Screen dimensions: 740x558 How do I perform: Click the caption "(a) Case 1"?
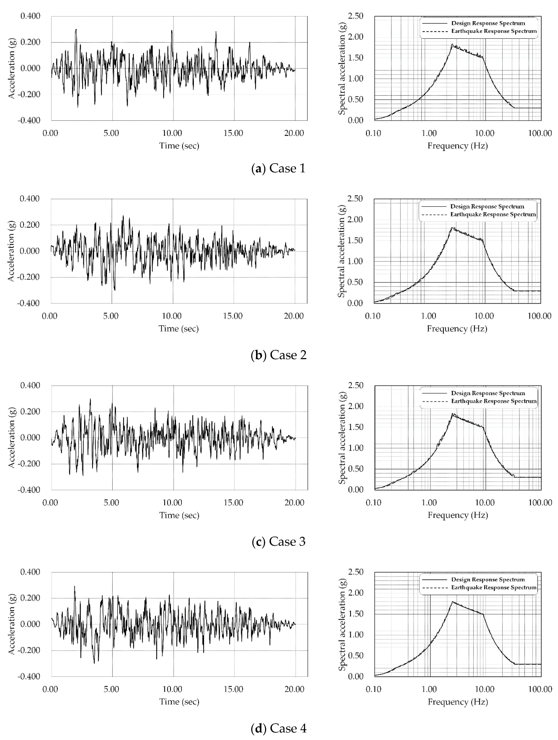pyautogui.click(x=278, y=168)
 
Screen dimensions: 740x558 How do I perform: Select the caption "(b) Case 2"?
pyautogui.click(x=278, y=355)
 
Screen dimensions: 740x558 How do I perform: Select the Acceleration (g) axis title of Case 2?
pyautogui.click(x=11, y=251)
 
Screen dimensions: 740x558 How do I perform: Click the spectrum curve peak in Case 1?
pyautogui.click(x=452, y=44)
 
